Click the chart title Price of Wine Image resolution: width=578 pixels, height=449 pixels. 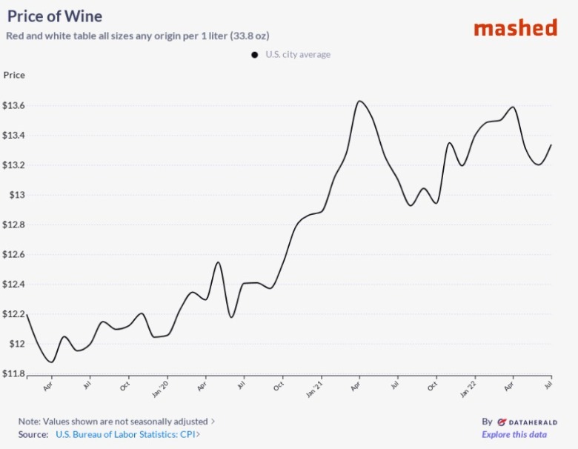(55, 16)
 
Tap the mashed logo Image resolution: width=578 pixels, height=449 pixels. (515, 28)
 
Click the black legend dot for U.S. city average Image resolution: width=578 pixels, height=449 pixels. (254, 54)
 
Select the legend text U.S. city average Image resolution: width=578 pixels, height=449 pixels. (298, 54)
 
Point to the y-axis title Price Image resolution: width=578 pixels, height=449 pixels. (14, 75)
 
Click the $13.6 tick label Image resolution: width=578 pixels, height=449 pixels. (14, 106)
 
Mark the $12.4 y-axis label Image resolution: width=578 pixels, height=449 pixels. (14, 285)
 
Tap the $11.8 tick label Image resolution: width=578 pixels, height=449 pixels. (14, 373)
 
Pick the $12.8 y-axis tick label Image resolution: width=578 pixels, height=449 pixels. (14, 224)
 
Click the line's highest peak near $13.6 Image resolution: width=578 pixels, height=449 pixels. (359, 101)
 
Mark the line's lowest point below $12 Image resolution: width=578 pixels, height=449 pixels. (51, 362)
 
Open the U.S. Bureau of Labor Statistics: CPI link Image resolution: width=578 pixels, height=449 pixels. (125, 435)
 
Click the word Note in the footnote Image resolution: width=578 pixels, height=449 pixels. (29, 421)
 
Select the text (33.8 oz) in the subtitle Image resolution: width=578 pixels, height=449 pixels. (269, 36)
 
